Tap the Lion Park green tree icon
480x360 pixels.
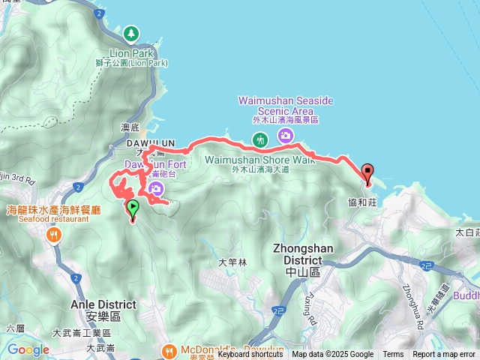tap(132, 34)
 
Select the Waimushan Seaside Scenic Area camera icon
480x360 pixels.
tap(285, 136)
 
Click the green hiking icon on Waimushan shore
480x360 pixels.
tap(260, 139)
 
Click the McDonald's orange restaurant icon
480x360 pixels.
tap(170, 349)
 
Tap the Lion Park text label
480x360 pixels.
tap(132, 53)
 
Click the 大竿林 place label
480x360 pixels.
tap(232, 262)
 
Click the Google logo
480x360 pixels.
tap(28, 349)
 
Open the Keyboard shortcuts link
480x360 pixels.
tap(250, 355)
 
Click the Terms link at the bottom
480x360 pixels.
tap(393, 355)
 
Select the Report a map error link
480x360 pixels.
tap(444, 355)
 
